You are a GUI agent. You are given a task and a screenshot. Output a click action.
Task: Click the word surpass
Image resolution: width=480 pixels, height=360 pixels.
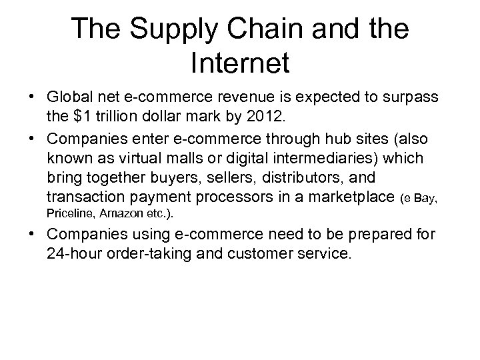click(x=412, y=98)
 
